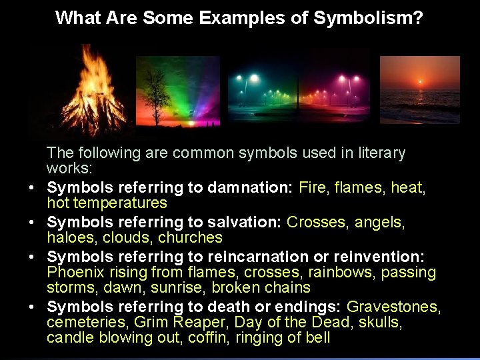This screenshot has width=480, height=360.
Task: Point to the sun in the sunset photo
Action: coord(419,82)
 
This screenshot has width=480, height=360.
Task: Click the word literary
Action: coord(377,153)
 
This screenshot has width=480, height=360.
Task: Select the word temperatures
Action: coord(125,203)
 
